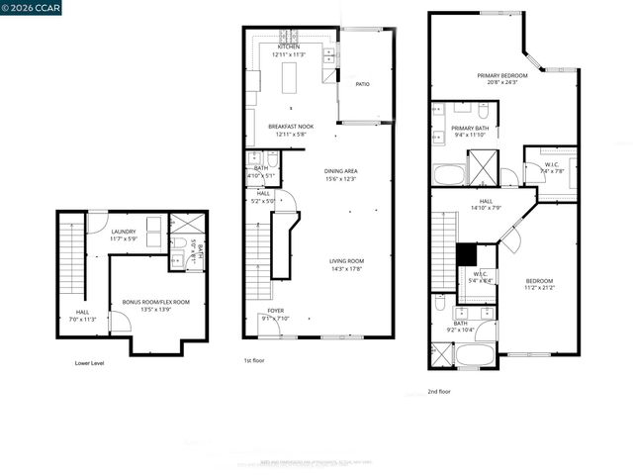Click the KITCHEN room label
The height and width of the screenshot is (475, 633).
(x=289, y=47)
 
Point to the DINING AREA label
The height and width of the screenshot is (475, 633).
(x=341, y=171)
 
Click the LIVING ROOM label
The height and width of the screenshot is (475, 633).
(x=346, y=261)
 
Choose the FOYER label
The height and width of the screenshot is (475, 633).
(x=276, y=311)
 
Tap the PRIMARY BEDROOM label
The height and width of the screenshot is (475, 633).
(x=502, y=75)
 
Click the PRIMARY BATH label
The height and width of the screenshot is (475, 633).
(x=472, y=128)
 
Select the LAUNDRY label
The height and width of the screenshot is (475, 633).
(x=124, y=232)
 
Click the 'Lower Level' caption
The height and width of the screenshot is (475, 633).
(x=89, y=363)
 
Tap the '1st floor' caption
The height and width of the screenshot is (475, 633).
(x=255, y=361)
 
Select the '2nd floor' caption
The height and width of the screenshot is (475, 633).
(x=439, y=391)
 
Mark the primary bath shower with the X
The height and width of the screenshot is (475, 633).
(x=484, y=164)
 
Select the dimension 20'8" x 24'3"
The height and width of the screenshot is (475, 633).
(x=502, y=83)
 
